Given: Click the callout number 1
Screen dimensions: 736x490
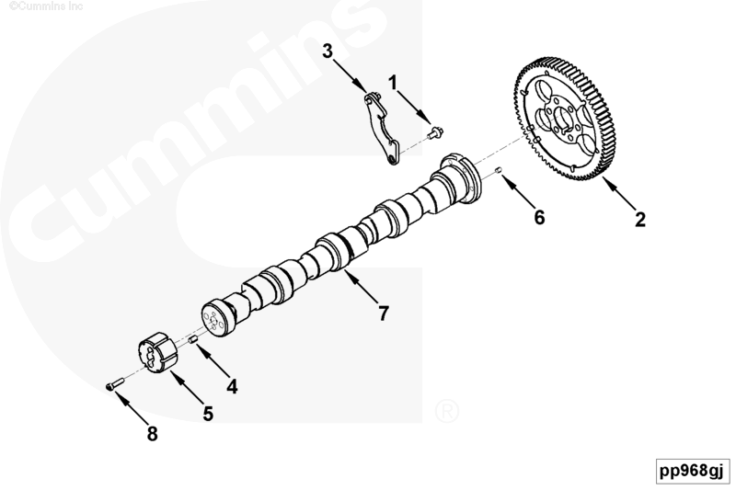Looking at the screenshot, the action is click(393, 83).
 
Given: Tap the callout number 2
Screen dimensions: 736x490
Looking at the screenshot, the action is click(639, 220).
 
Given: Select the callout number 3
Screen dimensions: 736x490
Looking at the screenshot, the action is click(328, 51).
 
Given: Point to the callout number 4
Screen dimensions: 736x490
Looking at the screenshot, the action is click(232, 387).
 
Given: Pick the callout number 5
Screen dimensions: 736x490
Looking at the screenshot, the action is click(208, 414).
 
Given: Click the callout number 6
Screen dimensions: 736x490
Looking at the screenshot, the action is click(539, 217).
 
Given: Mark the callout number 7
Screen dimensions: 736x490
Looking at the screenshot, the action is click(384, 313).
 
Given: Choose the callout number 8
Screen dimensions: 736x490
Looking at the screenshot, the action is click(152, 434).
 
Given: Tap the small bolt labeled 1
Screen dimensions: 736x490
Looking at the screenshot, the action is click(435, 133).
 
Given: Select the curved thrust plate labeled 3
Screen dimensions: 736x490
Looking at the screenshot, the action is click(381, 130).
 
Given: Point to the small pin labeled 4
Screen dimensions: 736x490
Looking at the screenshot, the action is click(192, 340).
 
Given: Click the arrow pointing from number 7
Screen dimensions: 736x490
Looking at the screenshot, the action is click(361, 287).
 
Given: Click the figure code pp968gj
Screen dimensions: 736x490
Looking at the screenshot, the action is click(692, 471).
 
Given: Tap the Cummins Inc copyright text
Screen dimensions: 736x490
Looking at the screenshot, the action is click(46, 6).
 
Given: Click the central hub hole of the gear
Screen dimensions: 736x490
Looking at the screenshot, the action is click(562, 119).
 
